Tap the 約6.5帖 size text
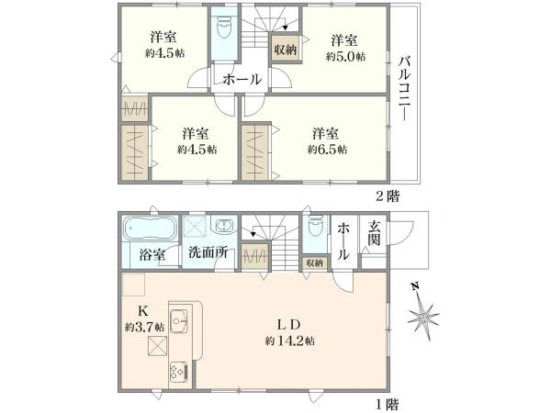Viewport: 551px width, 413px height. (x=327, y=150)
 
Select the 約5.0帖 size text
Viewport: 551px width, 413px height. (x=345, y=57)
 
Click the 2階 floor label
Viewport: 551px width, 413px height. (x=388, y=196)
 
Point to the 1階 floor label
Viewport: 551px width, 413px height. (x=388, y=405)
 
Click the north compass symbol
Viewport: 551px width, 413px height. (x=425, y=314)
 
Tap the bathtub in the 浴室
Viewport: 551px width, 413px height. (x=149, y=228)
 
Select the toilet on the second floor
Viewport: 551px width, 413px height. (x=225, y=28)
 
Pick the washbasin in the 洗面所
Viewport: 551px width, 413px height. (x=224, y=225)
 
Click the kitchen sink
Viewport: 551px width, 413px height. (x=179, y=320)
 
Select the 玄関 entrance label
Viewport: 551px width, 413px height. (x=374, y=234)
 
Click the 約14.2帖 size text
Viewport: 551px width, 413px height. (x=290, y=341)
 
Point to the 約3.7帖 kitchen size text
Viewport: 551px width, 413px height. (x=144, y=328)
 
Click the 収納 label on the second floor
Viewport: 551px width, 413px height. (x=286, y=50)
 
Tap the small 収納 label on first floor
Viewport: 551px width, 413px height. (x=314, y=262)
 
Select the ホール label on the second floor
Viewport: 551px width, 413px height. (x=242, y=79)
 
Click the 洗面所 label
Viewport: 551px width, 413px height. (x=208, y=252)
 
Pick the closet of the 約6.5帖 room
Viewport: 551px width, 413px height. (x=255, y=152)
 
